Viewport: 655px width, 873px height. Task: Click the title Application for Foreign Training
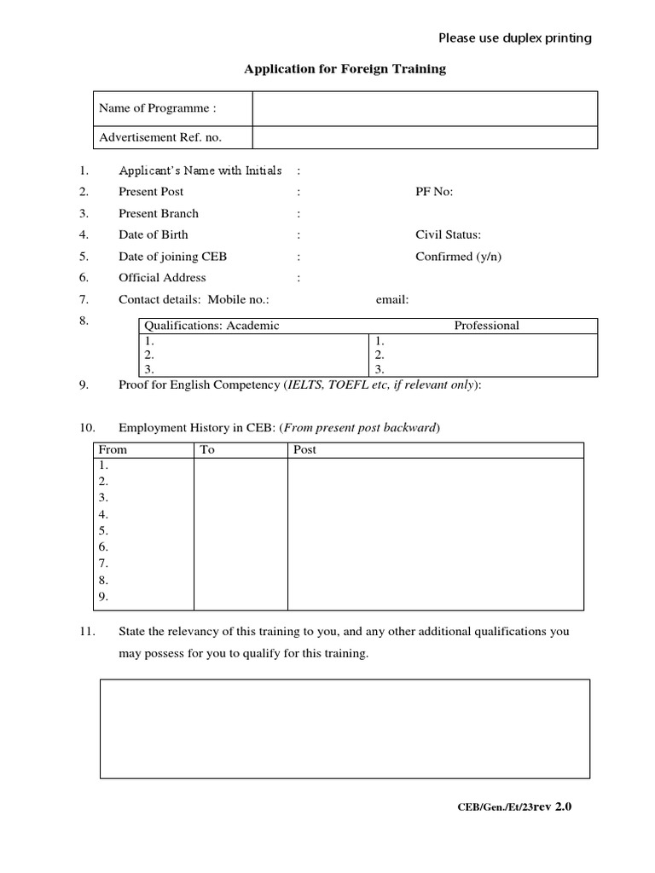pos(345,69)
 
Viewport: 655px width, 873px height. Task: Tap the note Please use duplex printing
pos(514,38)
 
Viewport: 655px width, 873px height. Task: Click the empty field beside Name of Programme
pos(424,108)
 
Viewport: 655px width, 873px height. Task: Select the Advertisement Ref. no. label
pos(161,137)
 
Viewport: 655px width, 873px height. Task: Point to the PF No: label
pos(434,192)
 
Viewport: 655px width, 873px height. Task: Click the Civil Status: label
pos(449,234)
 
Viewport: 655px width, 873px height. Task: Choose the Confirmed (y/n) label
pos(458,256)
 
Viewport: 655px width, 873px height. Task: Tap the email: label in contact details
pos(392,299)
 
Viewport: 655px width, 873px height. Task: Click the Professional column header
pos(486,325)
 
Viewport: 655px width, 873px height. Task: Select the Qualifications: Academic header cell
pos(212,325)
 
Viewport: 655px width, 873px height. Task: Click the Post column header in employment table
pos(304,449)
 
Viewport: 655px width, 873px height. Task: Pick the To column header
pos(207,449)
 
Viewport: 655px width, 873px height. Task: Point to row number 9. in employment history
pos(104,597)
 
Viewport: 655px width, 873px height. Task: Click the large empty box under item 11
pos(345,728)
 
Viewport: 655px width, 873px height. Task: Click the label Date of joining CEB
pos(172,256)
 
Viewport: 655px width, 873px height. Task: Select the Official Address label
pos(162,277)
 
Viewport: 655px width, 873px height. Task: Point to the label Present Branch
pos(159,213)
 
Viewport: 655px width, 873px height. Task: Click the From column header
pos(113,449)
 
